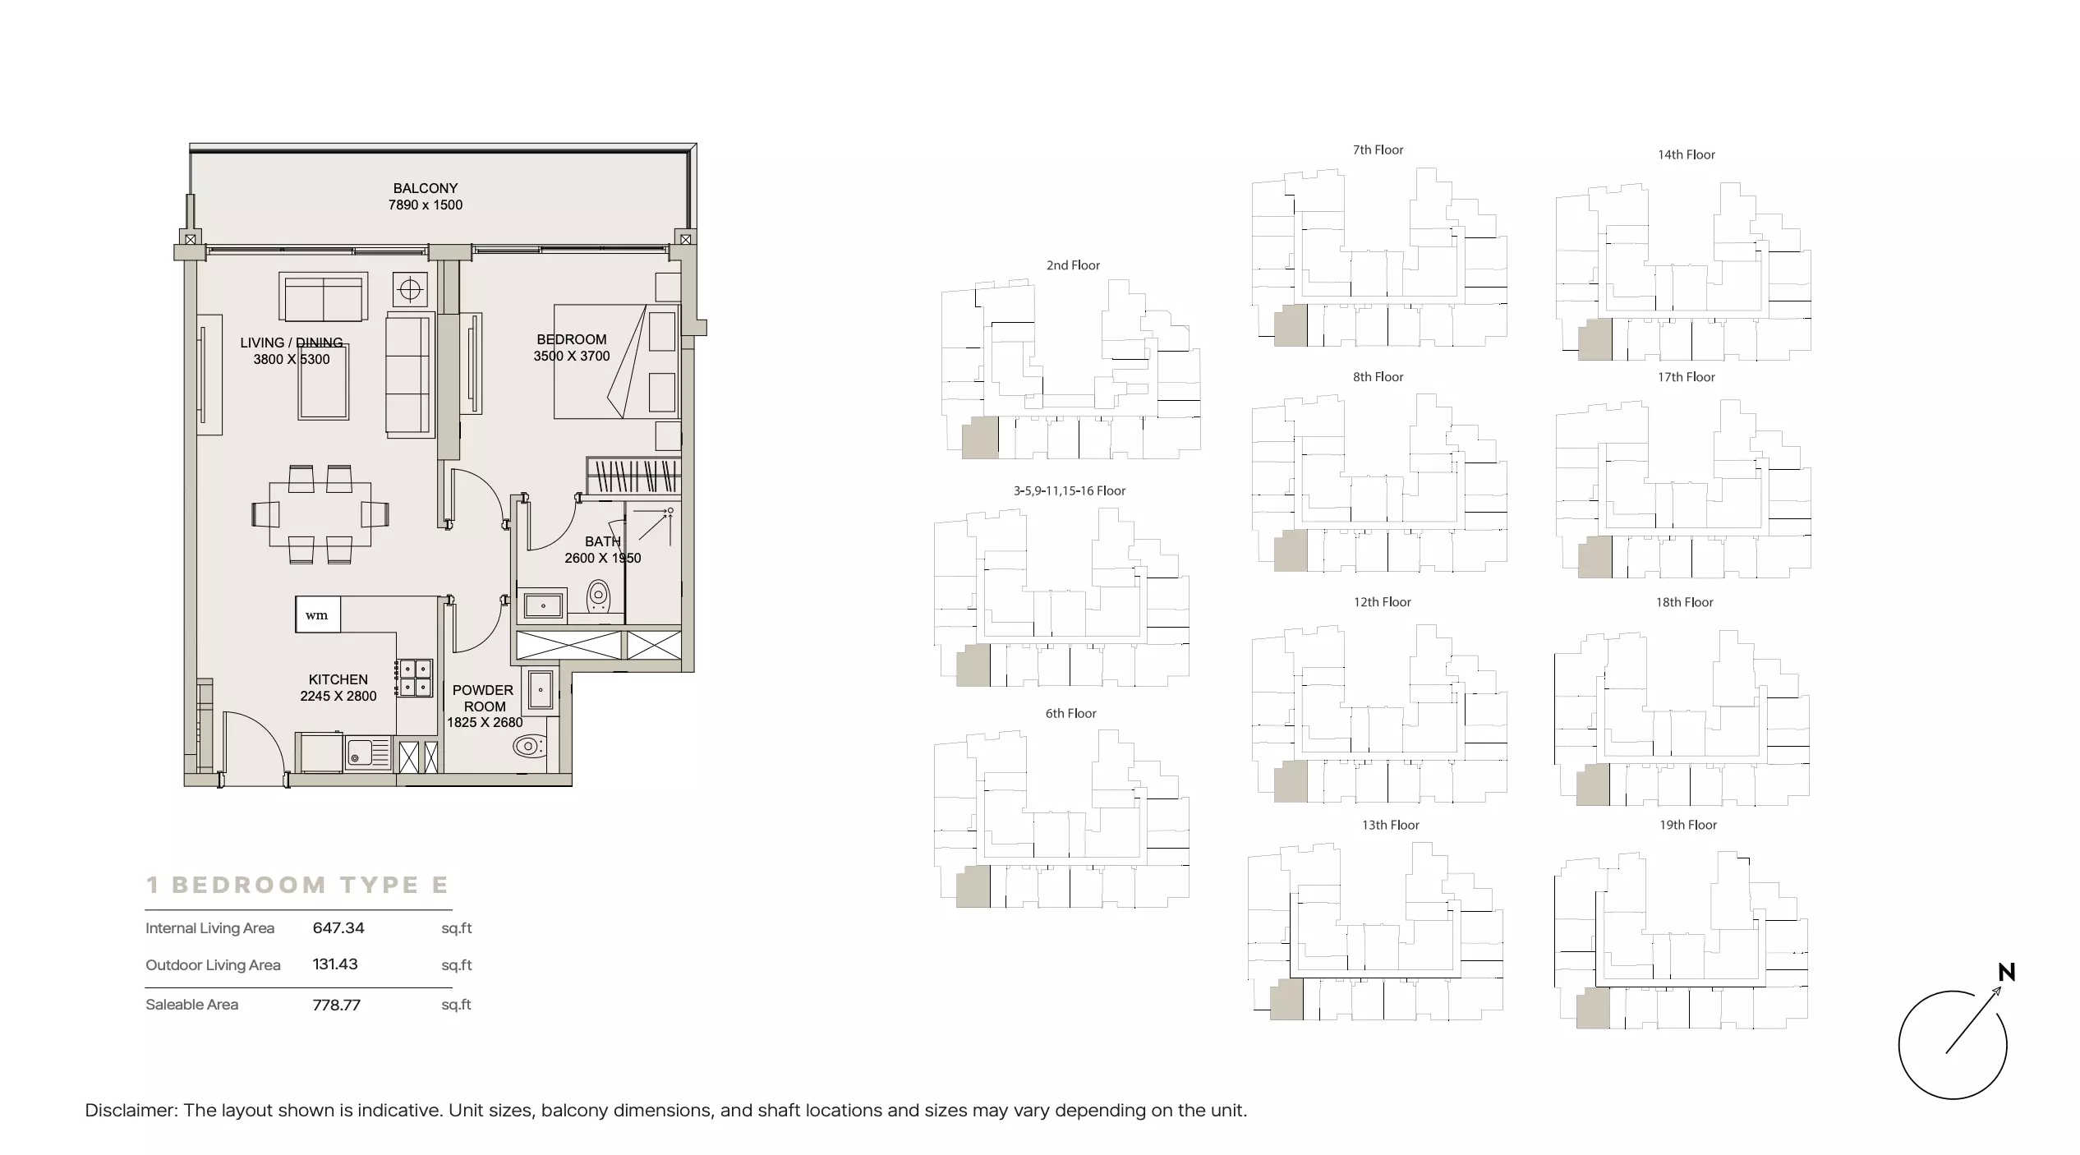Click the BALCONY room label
tap(425, 188)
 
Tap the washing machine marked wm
tap(318, 615)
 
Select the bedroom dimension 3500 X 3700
tap(572, 356)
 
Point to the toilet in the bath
tap(599, 598)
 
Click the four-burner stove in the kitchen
tap(414, 678)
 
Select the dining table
tap(320, 514)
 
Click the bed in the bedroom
tap(616, 361)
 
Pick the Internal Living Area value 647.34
tap(338, 927)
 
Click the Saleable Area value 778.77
tap(337, 1005)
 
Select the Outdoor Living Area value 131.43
tap(335, 964)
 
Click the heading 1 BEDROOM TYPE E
tap(297, 885)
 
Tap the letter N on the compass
tap(2007, 973)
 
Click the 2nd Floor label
tap(1073, 265)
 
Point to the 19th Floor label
tap(1688, 825)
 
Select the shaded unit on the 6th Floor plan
tap(973, 886)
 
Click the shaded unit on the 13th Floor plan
tap(1287, 1000)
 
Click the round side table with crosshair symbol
tap(410, 290)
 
